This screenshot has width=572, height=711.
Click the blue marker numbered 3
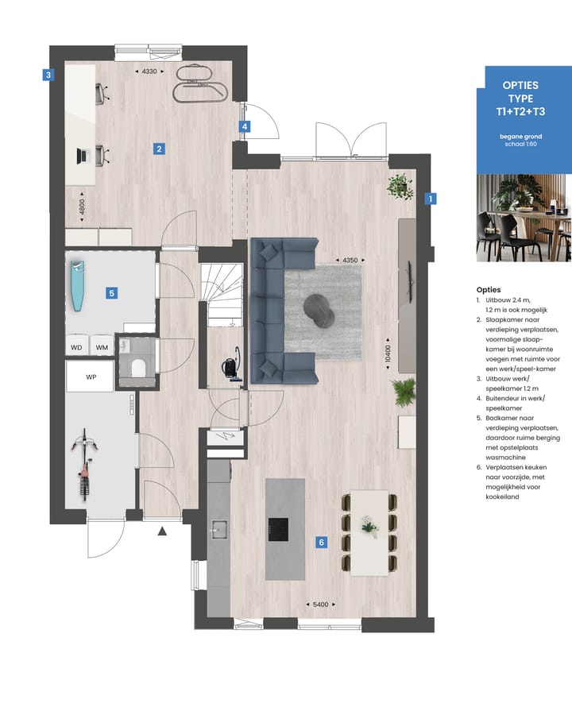[48, 76]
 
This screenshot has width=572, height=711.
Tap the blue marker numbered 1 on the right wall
[431, 199]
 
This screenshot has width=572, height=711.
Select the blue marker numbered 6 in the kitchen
[321, 543]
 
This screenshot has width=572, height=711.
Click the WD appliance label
[77, 347]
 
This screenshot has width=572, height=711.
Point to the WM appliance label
[102, 347]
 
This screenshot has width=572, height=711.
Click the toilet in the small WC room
[137, 368]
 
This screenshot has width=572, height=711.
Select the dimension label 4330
[149, 71]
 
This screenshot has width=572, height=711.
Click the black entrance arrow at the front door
[163, 531]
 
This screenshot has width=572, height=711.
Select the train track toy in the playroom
[200, 82]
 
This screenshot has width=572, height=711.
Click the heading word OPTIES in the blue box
[520, 84]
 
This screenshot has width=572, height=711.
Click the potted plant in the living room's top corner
[399, 187]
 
